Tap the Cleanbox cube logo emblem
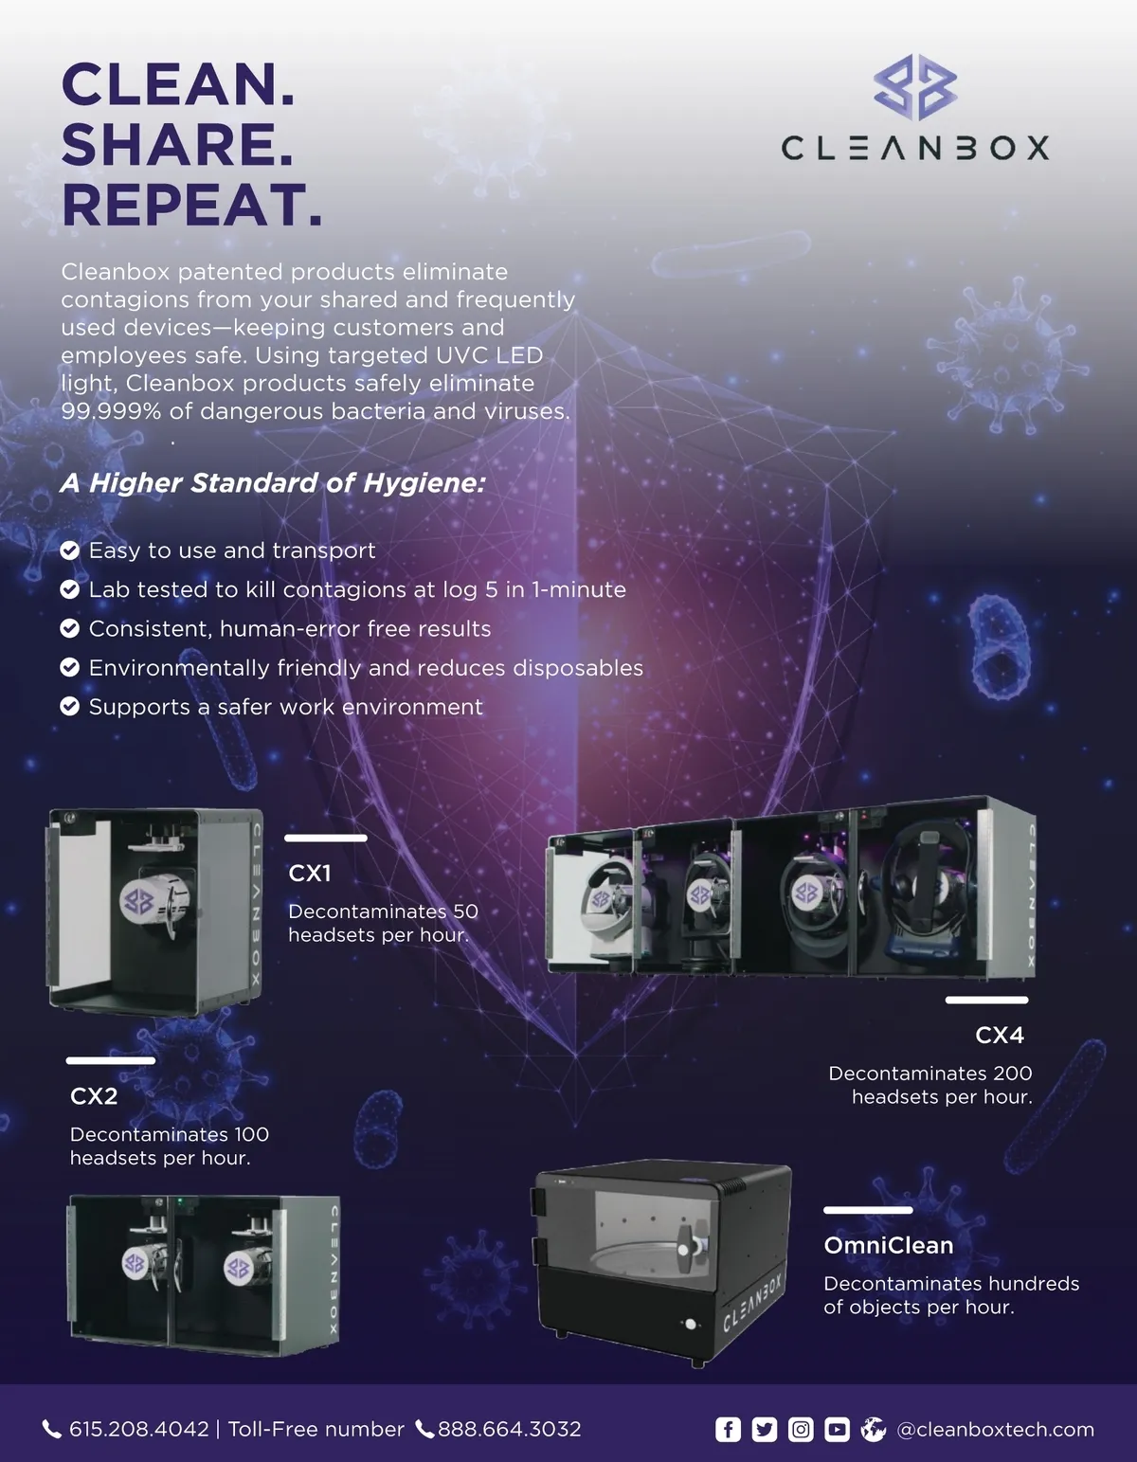(x=915, y=87)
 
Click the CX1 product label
(x=310, y=874)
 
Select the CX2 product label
(x=94, y=1096)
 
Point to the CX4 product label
(x=1000, y=1035)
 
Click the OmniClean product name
(x=889, y=1245)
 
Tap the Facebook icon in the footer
(x=728, y=1429)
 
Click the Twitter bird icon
(x=765, y=1429)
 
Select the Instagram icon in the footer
(x=801, y=1429)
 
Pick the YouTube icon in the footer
(x=837, y=1429)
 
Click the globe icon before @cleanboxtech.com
(x=874, y=1429)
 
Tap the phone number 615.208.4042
(x=139, y=1429)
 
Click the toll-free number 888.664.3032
(x=510, y=1429)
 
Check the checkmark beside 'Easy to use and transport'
(x=70, y=551)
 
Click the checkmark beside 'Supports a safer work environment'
(x=70, y=707)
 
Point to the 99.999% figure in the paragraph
(x=111, y=411)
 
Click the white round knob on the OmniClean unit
(x=691, y=1324)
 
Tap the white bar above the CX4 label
(x=987, y=1000)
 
